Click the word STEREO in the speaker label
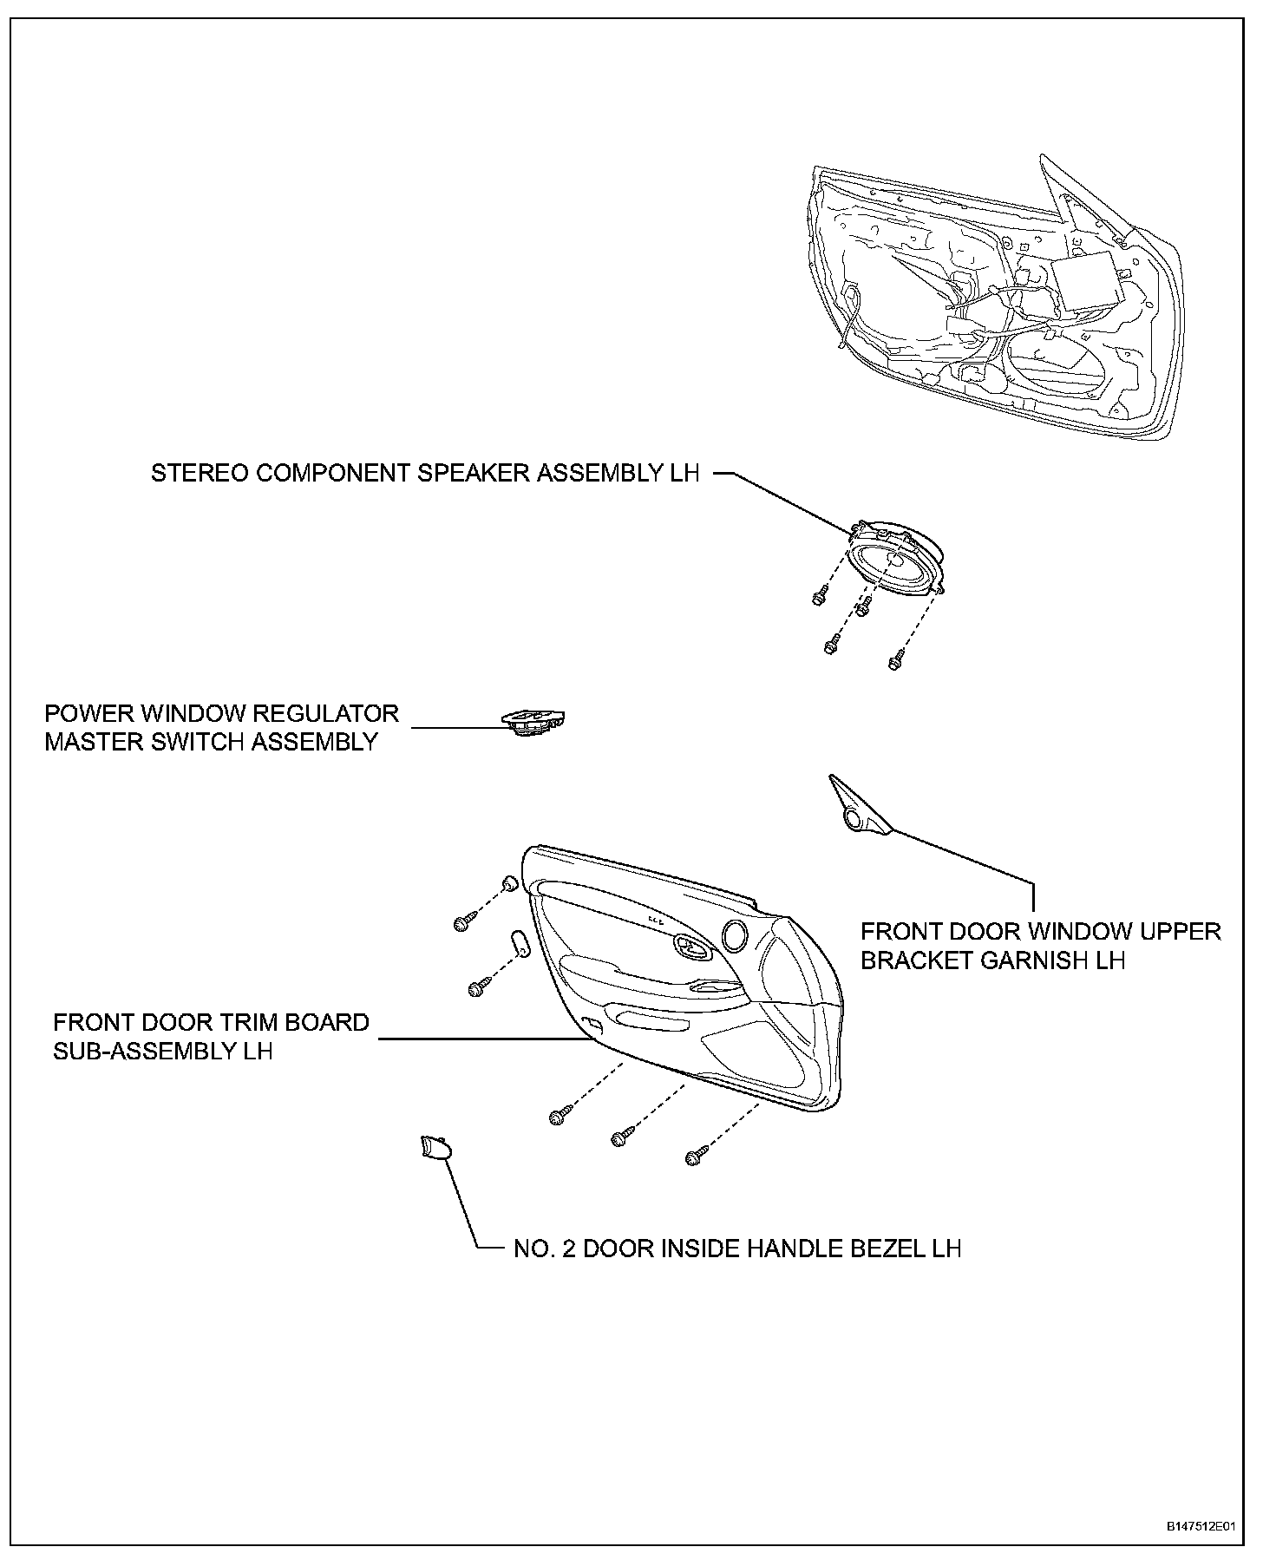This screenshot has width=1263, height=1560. pos(193,473)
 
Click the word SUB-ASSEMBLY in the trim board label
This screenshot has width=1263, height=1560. pos(138,1051)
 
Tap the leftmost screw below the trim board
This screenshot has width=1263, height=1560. pos(560,1117)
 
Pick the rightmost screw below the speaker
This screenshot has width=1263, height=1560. pos(896,662)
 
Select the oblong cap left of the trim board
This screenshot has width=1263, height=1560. pos(520,942)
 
